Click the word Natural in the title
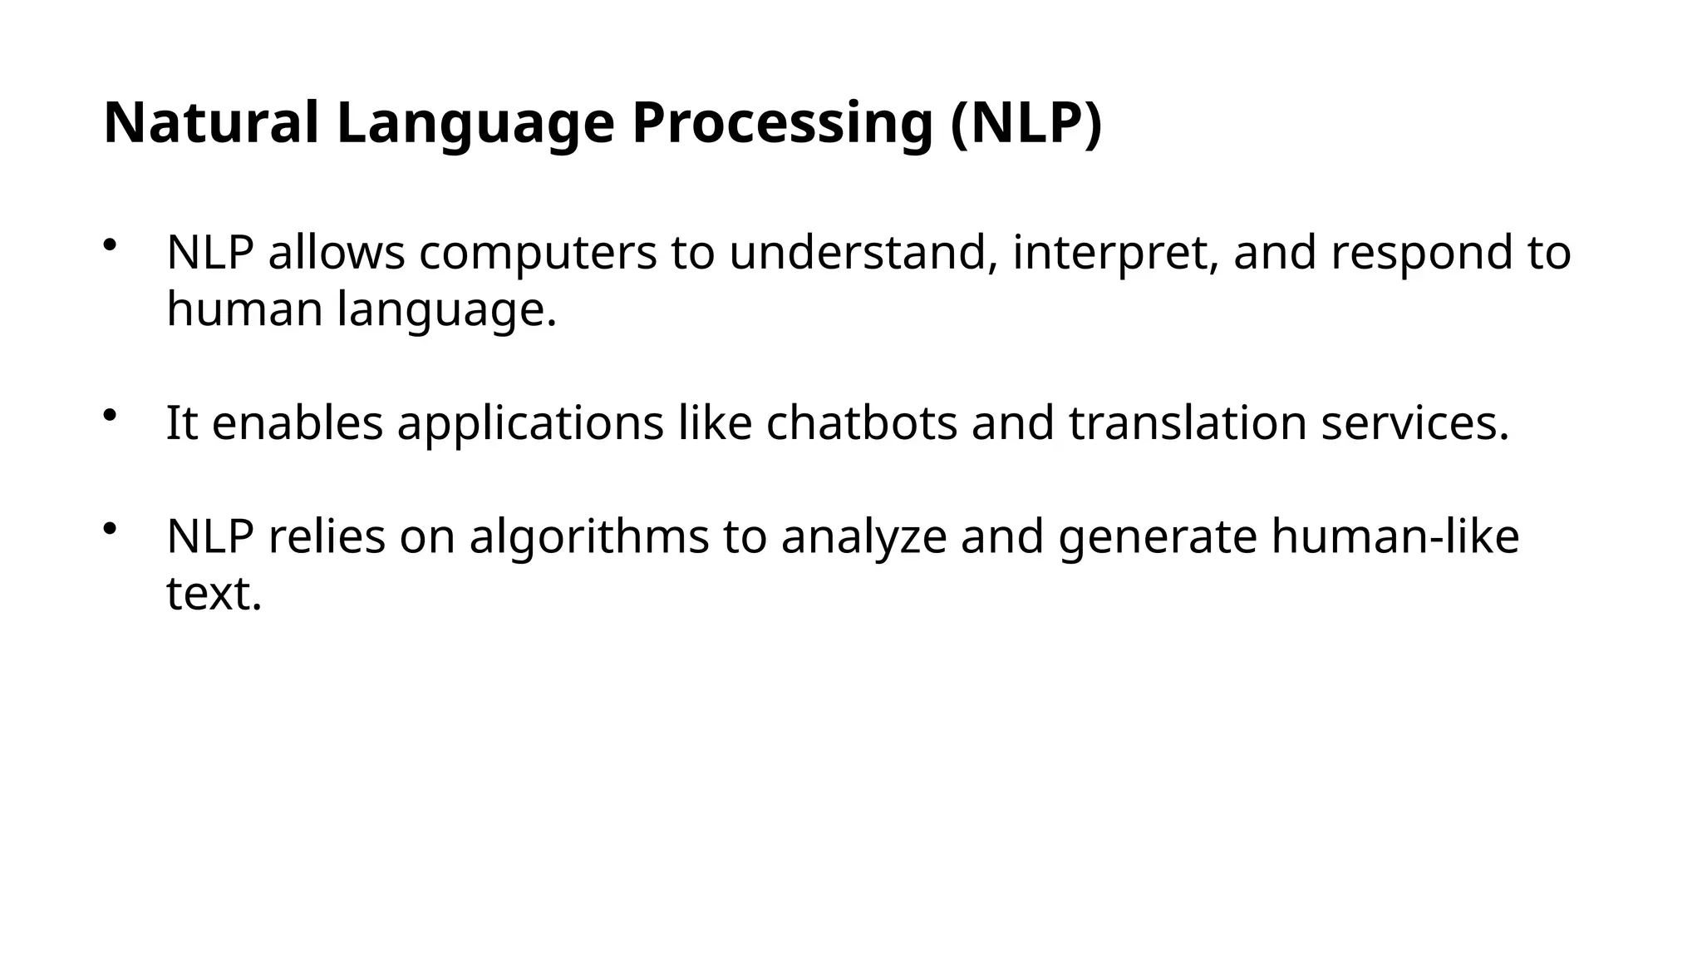211,123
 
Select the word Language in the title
475,123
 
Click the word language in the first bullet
446,309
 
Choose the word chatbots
862,422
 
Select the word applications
530,422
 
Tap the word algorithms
589,536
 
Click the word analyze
863,536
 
